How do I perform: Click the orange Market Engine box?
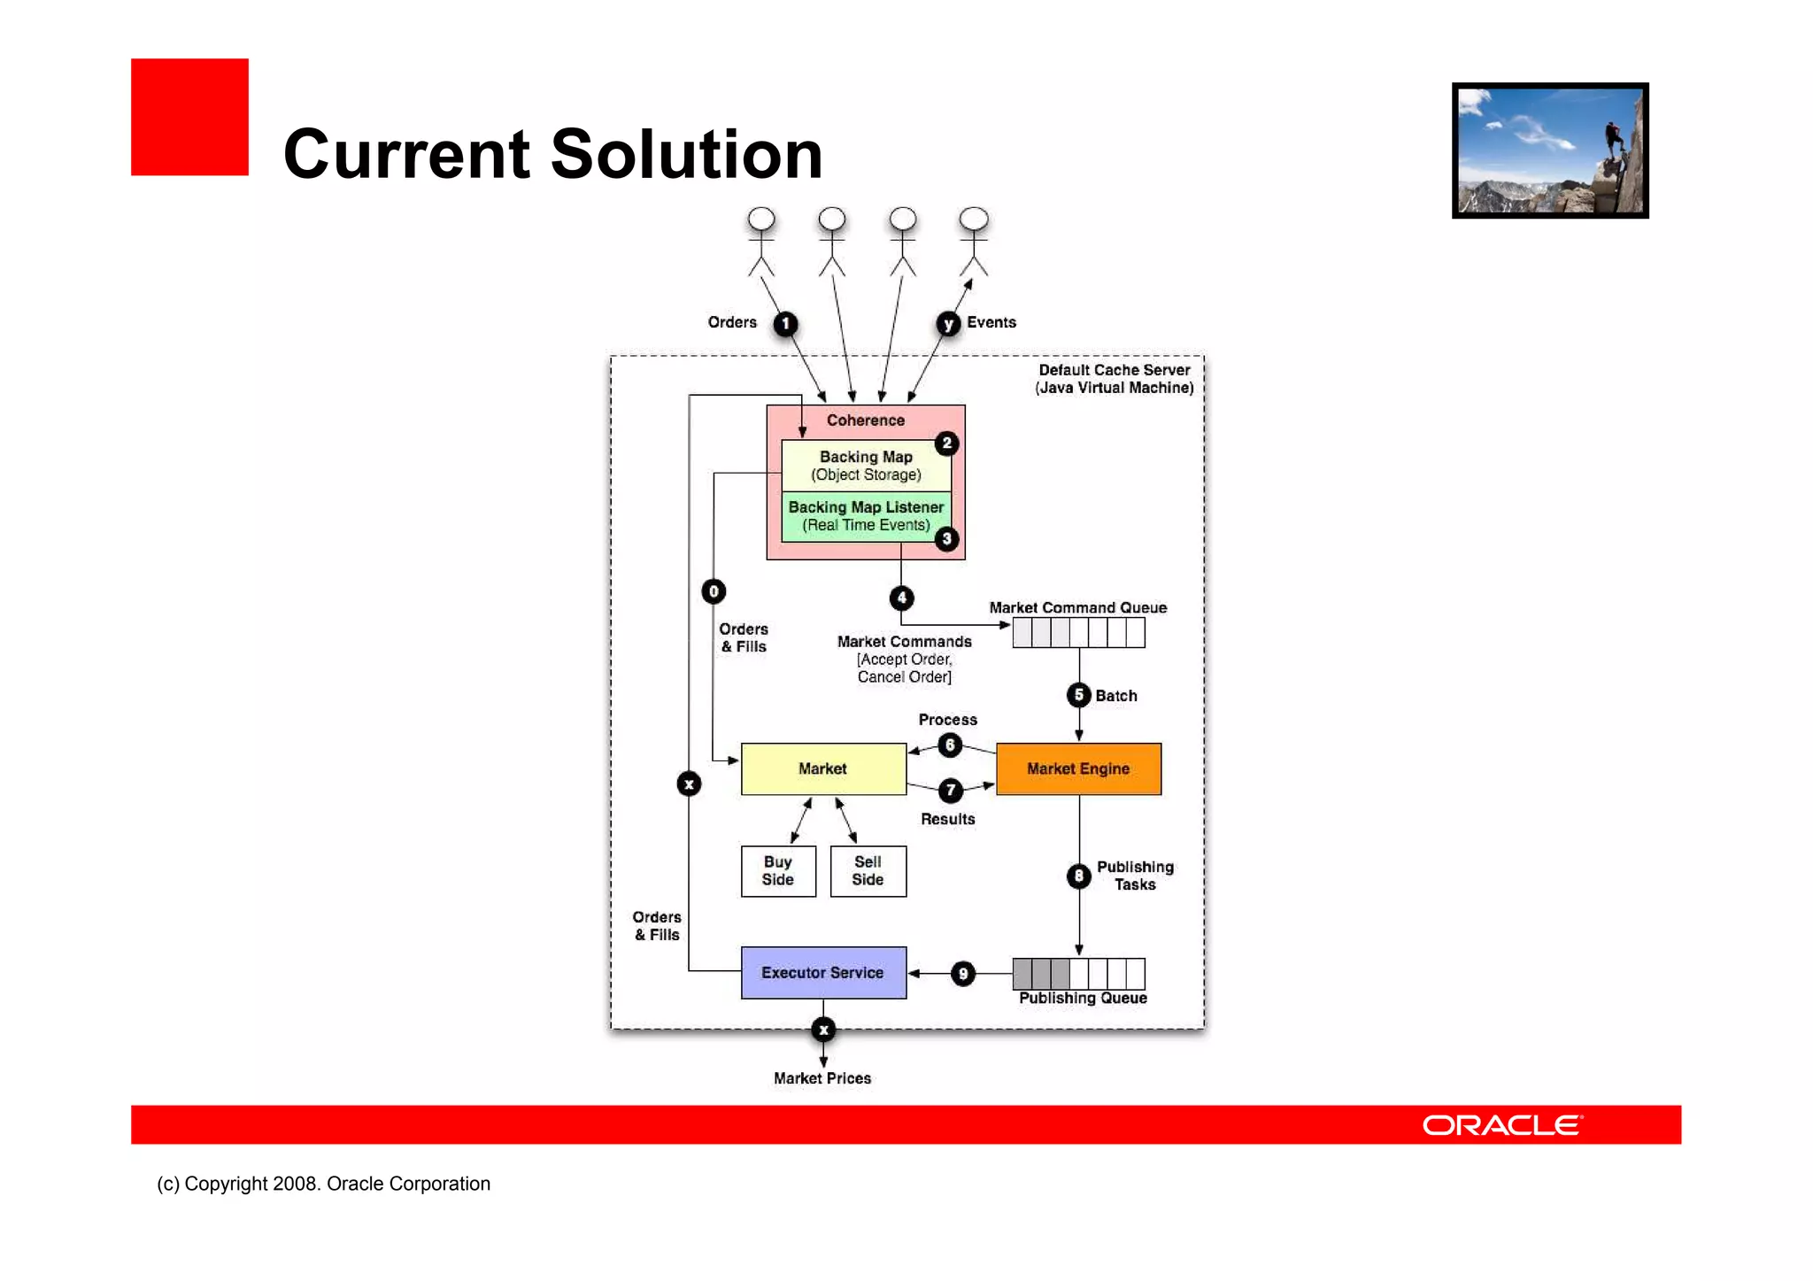coord(1078,768)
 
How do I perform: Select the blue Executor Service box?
coord(823,972)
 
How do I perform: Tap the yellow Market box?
coord(823,768)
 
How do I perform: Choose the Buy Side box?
coord(778,871)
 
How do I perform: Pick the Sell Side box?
coord(868,871)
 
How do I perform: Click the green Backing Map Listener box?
coord(866,516)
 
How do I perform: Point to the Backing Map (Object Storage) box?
coord(866,466)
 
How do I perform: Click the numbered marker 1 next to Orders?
coord(785,324)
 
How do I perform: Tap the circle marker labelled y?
coord(948,324)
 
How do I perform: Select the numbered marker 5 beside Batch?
coord(1078,695)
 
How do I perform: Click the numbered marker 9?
coord(963,974)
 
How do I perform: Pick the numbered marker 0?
coord(714,591)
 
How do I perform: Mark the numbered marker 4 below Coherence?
coord(901,598)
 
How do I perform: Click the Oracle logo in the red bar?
coord(1502,1125)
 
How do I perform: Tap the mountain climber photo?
coord(1550,150)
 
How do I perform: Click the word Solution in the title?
coord(687,154)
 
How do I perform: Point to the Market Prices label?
coord(822,1078)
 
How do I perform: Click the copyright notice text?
coord(323,1184)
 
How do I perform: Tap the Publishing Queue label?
coord(1083,999)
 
